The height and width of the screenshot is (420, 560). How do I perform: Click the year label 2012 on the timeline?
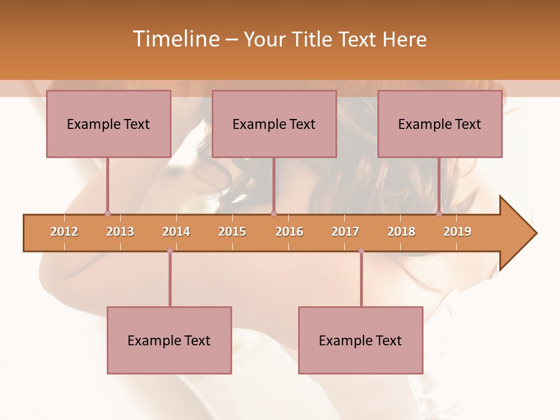[64, 232]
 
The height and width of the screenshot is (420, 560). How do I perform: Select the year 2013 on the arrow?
[120, 232]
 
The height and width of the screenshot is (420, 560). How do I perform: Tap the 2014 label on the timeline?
[176, 232]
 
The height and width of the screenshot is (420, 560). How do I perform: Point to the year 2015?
[232, 232]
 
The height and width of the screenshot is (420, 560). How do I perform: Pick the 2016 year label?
[289, 232]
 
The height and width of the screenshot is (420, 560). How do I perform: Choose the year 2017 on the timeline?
[345, 232]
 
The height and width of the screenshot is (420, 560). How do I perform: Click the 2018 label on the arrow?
[401, 232]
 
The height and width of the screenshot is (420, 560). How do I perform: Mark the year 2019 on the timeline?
[457, 232]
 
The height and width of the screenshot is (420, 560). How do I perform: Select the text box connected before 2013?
[108, 124]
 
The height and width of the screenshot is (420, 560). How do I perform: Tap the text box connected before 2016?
[274, 124]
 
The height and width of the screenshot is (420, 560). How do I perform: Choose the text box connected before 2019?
[440, 124]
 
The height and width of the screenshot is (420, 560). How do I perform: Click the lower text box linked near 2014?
[169, 340]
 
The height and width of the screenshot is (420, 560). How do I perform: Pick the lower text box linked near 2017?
[360, 340]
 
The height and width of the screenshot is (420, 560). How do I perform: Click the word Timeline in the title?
[176, 39]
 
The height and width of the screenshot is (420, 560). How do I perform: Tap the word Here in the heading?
[404, 39]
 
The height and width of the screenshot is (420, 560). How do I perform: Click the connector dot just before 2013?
[107, 213]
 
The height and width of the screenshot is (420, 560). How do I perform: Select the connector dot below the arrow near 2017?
[361, 251]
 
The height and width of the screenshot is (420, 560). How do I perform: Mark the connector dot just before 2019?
[439, 213]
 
